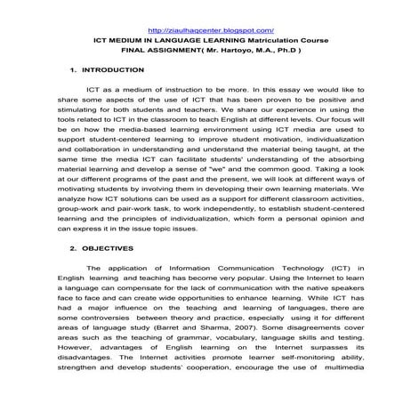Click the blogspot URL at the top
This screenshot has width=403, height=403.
point(201,30)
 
